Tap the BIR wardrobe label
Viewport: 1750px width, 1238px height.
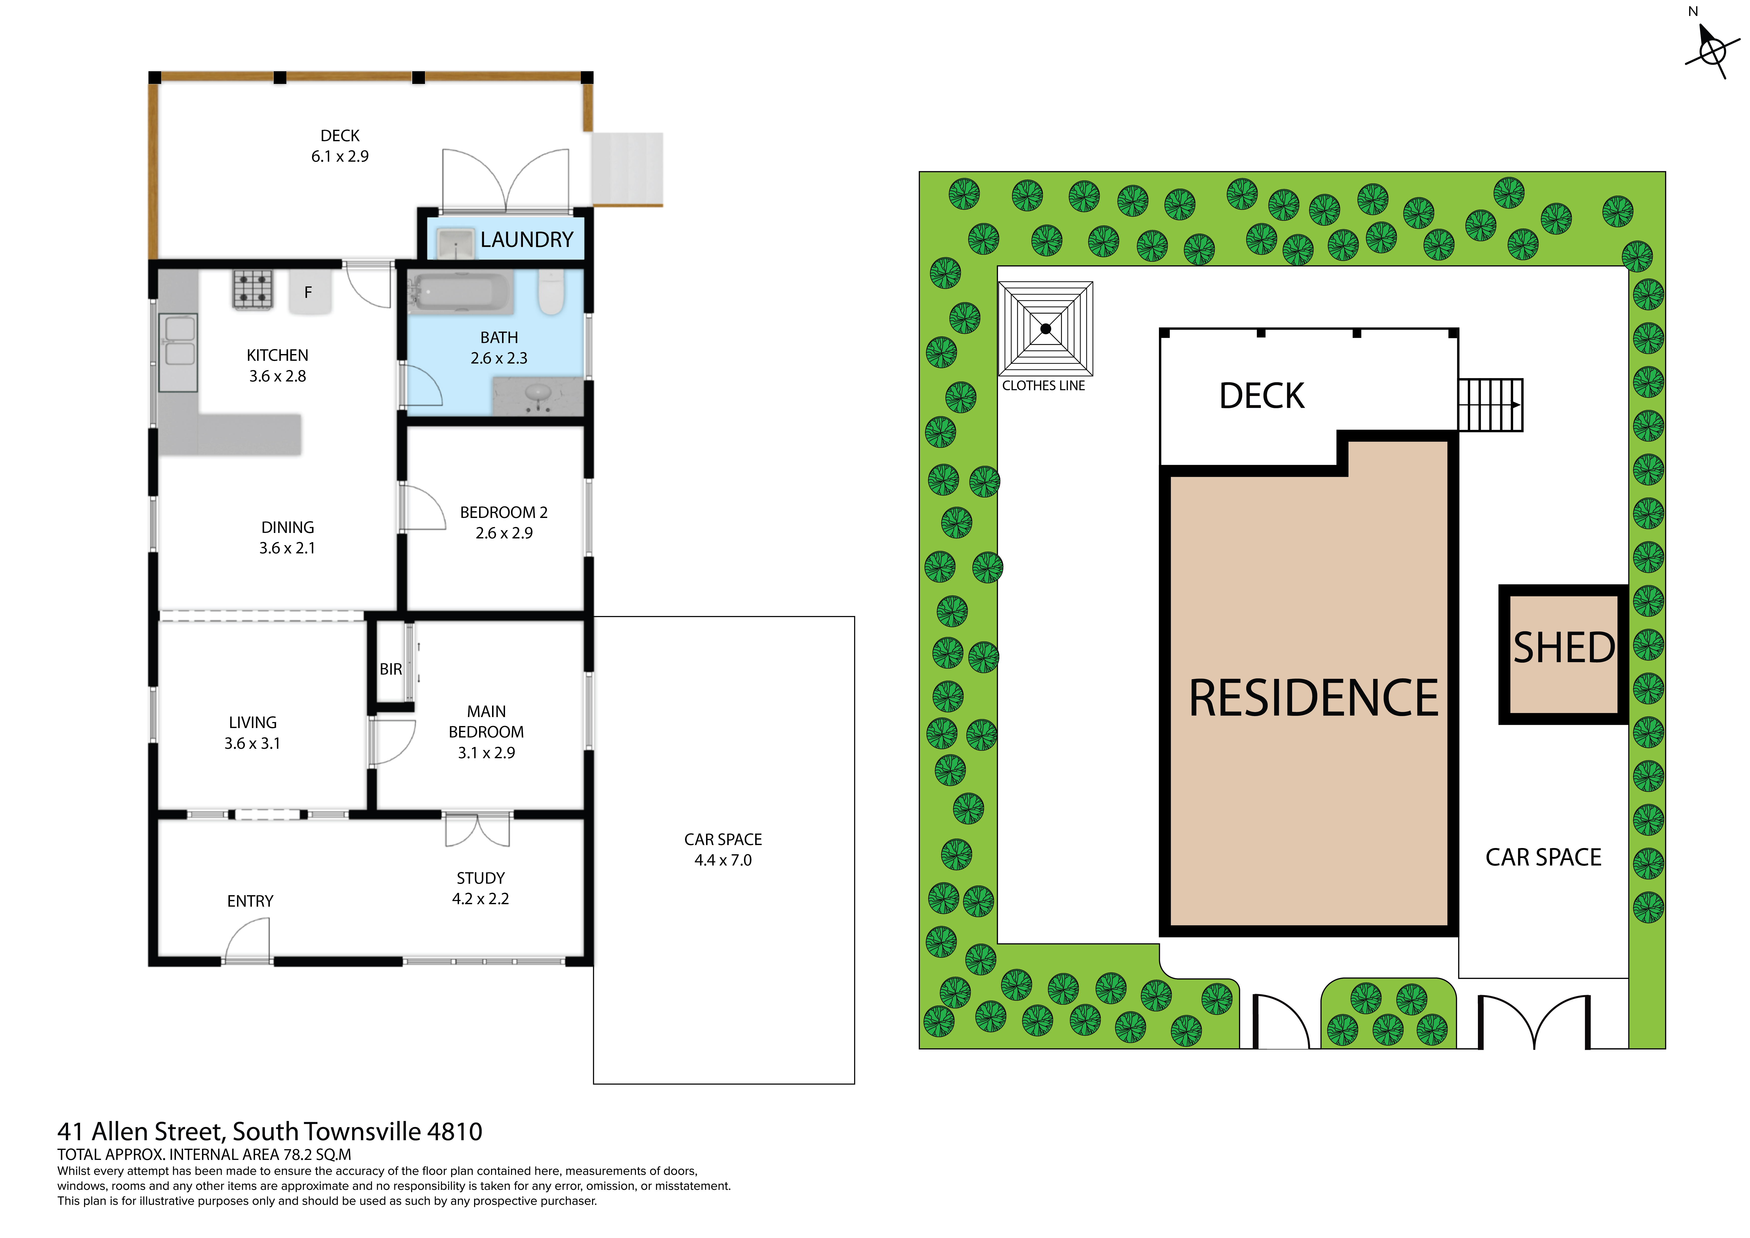(391, 669)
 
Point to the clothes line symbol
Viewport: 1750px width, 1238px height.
(1046, 329)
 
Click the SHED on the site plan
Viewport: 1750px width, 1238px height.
(1563, 654)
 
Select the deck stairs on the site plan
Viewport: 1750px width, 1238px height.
(1490, 405)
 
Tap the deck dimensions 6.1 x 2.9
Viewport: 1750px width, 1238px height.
(340, 156)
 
